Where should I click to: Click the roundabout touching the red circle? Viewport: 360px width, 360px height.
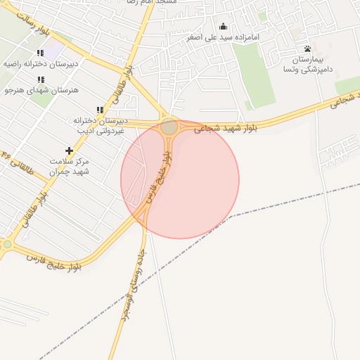click(169, 127)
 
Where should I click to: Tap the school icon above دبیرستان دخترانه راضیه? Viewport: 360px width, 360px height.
click(40, 53)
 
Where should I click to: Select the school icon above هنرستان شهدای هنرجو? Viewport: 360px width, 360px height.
click(40, 79)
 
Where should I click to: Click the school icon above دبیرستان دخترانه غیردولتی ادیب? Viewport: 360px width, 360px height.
click(100, 110)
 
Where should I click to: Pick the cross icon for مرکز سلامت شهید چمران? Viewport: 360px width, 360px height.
click(69, 150)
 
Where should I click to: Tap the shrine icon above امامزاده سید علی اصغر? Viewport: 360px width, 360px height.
click(224, 26)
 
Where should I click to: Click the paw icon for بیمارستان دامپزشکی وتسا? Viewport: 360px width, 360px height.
click(307, 49)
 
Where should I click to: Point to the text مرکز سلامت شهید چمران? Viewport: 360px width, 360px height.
click(69, 166)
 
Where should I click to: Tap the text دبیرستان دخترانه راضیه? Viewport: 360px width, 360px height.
click(40, 63)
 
